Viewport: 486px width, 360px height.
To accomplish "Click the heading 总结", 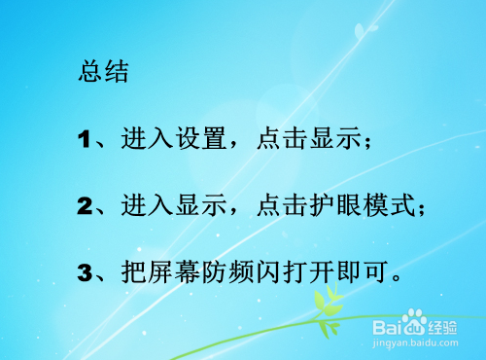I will pos(103,73).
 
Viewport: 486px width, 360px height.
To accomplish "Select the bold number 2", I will pos(85,206).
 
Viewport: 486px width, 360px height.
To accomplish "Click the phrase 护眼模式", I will pos(367,206).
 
